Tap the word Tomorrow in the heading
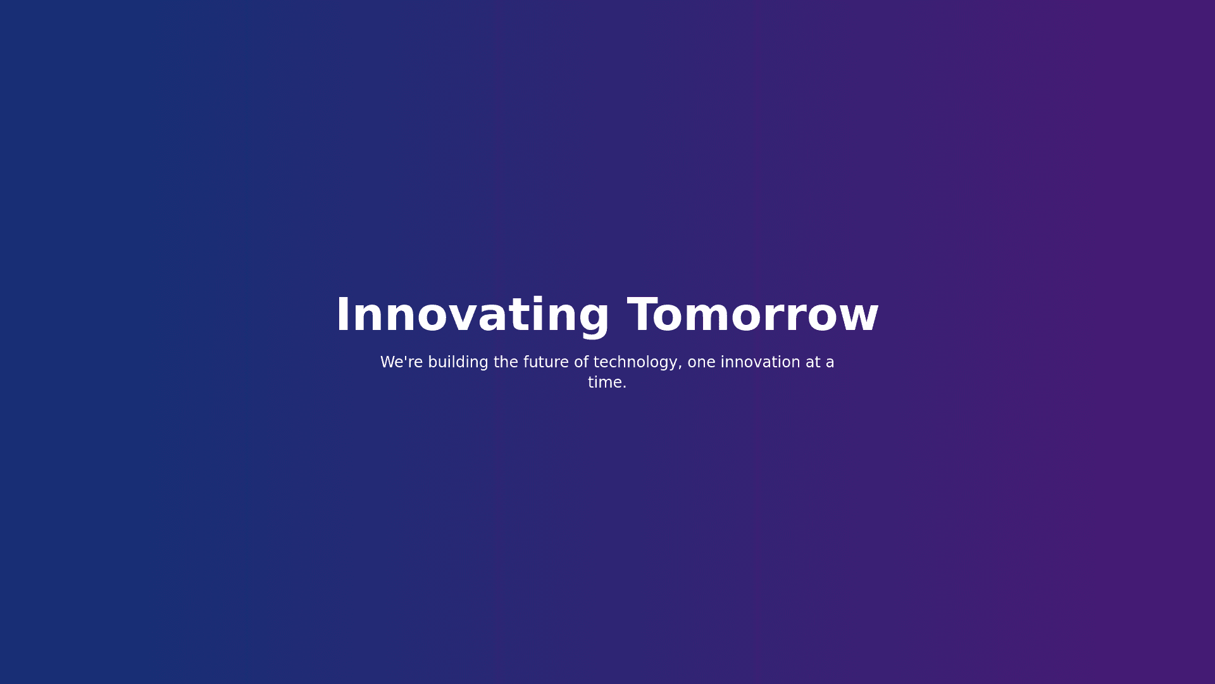[x=753, y=315]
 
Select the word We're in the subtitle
[x=402, y=362]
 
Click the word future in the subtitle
[x=546, y=362]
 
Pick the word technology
[x=635, y=363]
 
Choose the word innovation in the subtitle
[x=761, y=362]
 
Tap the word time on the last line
[x=604, y=383]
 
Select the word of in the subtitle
[x=582, y=362]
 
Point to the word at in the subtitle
[x=813, y=363]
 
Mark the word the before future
[x=506, y=362]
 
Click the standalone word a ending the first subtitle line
[x=830, y=364]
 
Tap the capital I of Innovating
[x=341, y=315]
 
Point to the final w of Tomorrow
[x=857, y=319]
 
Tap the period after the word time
[x=624, y=387]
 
